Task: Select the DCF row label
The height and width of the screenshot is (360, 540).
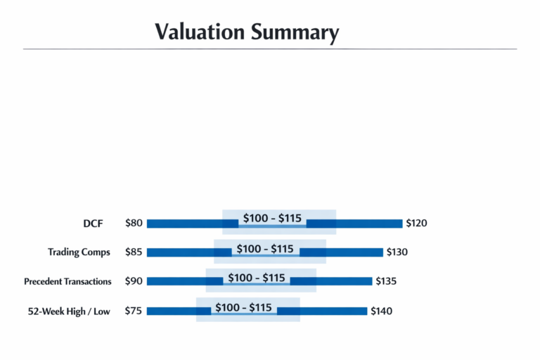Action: pyautogui.click(x=92, y=224)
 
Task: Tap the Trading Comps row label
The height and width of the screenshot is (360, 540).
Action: pyautogui.click(x=79, y=252)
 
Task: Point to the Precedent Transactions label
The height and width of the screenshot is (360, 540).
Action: pyautogui.click(x=67, y=281)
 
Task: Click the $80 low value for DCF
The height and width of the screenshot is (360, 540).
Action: pyautogui.click(x=134, y=224)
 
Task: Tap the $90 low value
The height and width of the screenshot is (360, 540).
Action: pyautogui.click(x=134, y=281)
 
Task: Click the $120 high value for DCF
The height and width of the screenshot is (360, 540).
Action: pyautogui.click(x=416, y=224)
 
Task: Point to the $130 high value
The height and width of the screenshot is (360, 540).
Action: pyautogui.click(x=397, y=252)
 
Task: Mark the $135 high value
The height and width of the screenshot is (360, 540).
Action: pyautogui.click(x=386, y=281)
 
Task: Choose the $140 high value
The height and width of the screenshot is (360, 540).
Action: pyautogui.click(x=382, y=311)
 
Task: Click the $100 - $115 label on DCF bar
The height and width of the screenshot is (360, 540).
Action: pyautogui.click(x=272, y=219)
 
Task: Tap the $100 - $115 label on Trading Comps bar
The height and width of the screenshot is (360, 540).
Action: pyautogui.click(x=265, y=249)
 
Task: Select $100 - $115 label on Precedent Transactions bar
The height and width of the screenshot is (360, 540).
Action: pyautogui.click(x=257, y=278)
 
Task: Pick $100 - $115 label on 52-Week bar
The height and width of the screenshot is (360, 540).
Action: pyautogui.click(x=243, y=308)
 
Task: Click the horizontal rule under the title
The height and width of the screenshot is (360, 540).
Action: pyautogui.click(x=270, y=49)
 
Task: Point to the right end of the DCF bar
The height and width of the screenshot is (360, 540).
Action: pyautogui.click(x=400, y=224)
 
